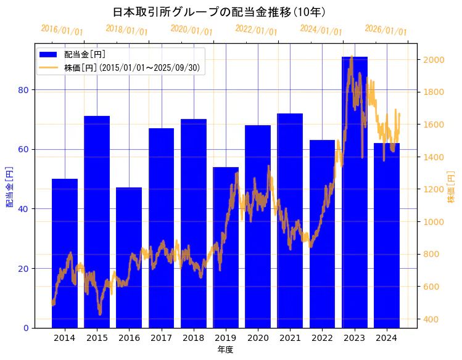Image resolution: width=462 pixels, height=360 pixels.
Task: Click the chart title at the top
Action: pyautogui.click(x=220, y=12)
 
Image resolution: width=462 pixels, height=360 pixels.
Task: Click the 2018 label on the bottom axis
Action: pyautogui.click(x=193, y=338)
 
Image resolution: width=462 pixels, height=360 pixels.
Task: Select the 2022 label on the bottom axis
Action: pyautogui.click(x=322, y=338)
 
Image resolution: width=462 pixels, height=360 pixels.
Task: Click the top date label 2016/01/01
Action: pyautogui.click(x=62, y=30)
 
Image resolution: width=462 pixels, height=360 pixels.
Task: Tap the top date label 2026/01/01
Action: pyautogui.click(x=386, y=30)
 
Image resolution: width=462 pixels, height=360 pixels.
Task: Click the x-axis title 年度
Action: pyautogui.click(x=225, y=350)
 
